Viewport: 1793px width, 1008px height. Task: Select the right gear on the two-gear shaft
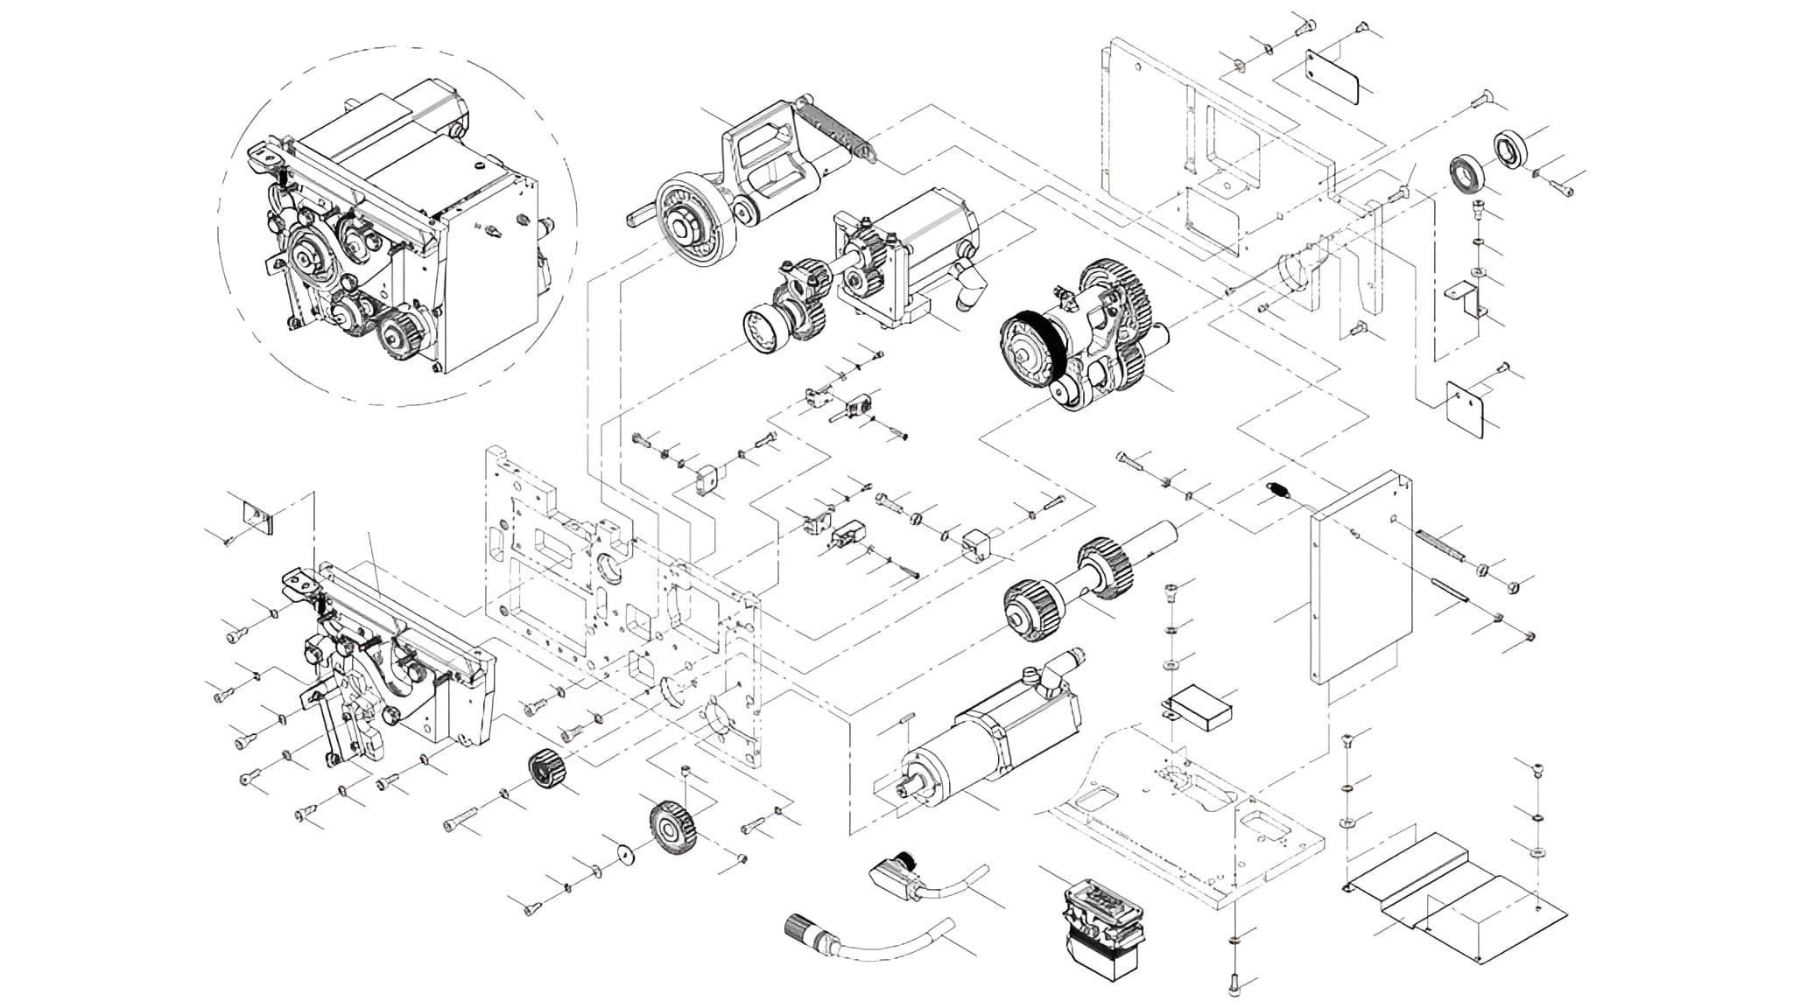[x=1104, y=569]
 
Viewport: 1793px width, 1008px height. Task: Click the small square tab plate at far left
[x=257, y=516]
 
